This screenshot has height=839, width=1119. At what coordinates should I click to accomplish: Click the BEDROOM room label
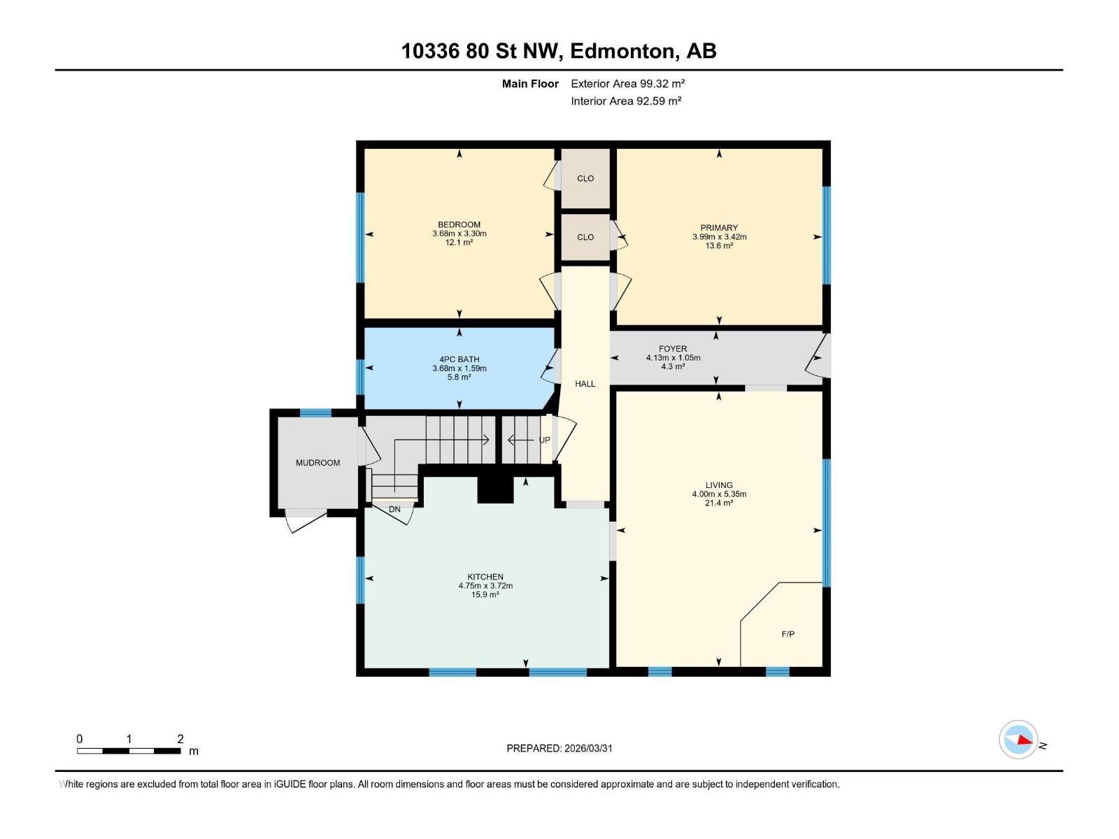(459, 224)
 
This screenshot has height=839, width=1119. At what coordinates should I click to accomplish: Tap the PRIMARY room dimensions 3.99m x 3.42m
(719, 237)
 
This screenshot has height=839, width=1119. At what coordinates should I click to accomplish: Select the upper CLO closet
(585, 178)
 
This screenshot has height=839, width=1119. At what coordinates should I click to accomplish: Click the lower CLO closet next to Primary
(585, 237)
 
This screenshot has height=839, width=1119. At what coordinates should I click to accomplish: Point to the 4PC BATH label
(459, 359)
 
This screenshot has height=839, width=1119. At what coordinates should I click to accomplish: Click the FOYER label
(673, 348)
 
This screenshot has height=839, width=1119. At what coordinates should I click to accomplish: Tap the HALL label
(585, 384)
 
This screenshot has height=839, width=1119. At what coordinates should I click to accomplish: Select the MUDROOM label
(318, 463)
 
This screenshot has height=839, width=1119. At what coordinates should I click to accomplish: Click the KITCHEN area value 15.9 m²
(485, 595)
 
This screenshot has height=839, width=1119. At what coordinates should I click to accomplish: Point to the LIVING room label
(719, 485)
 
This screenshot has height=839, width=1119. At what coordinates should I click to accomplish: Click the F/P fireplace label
(787, 634)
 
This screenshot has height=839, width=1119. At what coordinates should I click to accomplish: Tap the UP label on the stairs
(544, 440)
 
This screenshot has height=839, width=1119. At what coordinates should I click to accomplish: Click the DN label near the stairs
(394, 509)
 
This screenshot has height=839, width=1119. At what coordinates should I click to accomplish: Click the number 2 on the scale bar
(180, 739)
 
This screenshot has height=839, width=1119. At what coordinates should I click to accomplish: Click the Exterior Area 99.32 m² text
(627, 83)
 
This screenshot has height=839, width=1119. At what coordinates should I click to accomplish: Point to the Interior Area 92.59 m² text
(626, 101)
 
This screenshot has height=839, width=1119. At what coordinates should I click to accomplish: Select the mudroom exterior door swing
(306, 522)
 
